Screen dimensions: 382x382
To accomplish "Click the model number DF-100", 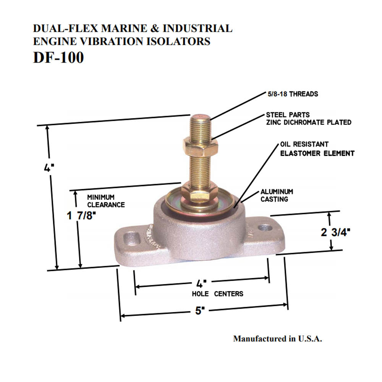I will [58, 58].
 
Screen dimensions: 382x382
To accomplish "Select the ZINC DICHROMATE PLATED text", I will [309, 123].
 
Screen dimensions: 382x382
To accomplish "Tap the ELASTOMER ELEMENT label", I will [317, 154].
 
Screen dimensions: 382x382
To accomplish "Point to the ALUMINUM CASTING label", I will [277, 195].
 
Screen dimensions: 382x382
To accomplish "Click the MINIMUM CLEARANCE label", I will [106, 201].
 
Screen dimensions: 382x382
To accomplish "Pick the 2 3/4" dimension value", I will [336, 232].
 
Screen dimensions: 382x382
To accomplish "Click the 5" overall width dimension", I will [198, 311].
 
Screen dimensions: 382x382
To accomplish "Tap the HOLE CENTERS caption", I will [217, 294].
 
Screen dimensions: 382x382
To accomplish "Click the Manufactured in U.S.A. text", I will [278, 338].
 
